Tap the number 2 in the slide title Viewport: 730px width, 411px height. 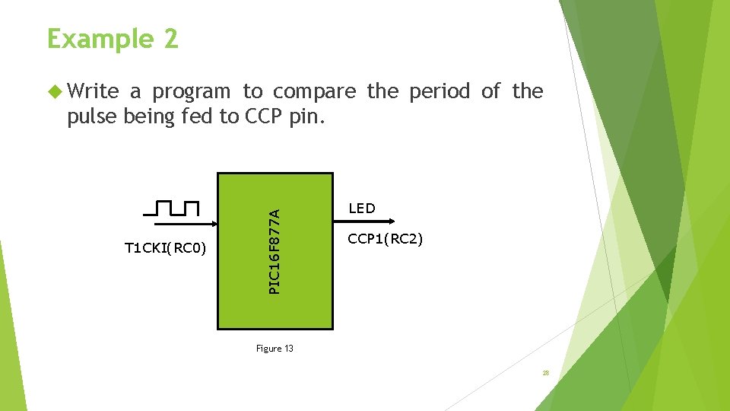(x=170, y=38)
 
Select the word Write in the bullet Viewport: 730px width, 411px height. (x=93, y=91)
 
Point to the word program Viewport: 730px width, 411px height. (x=191, y=91)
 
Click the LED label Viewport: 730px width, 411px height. (x=361, y=209)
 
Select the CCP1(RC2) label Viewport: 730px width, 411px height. (x=386, y=239)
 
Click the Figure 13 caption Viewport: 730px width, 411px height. (x=275, y=349)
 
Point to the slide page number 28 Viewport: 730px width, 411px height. (x=546, y=373)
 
